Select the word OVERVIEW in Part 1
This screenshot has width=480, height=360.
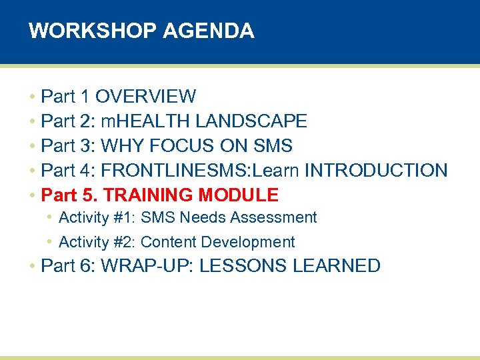tap(145, 97)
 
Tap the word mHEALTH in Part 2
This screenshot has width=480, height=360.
tap(137, 121)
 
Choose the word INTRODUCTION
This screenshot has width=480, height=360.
tap(376, 171)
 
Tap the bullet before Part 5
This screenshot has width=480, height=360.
tap(32, 195)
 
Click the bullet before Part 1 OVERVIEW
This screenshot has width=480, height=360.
tap(32, 97)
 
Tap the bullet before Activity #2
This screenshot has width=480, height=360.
tap(50, 242)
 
